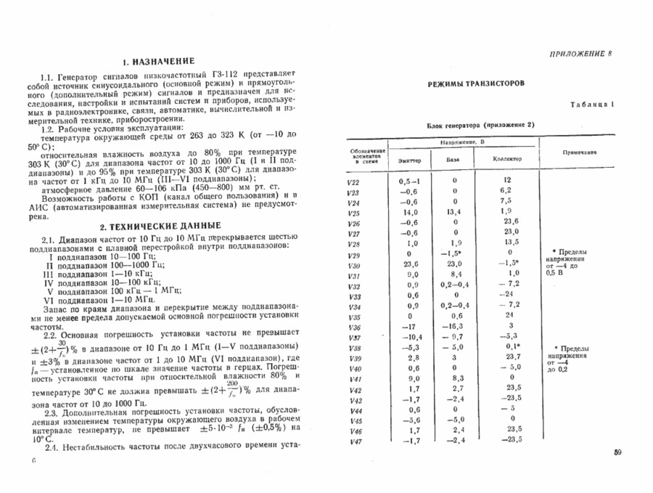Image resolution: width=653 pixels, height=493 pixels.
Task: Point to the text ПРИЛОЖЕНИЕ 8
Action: click(582, 54)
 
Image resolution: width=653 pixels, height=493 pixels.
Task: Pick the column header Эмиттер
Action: click(409, 160)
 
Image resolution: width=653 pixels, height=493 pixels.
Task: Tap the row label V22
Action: click(353, 180)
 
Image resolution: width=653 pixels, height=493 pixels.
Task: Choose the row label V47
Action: click(356, 441)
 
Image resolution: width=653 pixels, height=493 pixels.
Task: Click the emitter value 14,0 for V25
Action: click(408, 212)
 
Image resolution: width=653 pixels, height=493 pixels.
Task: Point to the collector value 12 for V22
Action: click(508, 179)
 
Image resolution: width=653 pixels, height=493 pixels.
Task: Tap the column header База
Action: click(452, 160)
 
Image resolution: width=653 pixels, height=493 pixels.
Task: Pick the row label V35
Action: click(354, 317)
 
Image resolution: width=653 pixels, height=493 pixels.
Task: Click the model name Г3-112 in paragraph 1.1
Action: click(226, 75)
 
